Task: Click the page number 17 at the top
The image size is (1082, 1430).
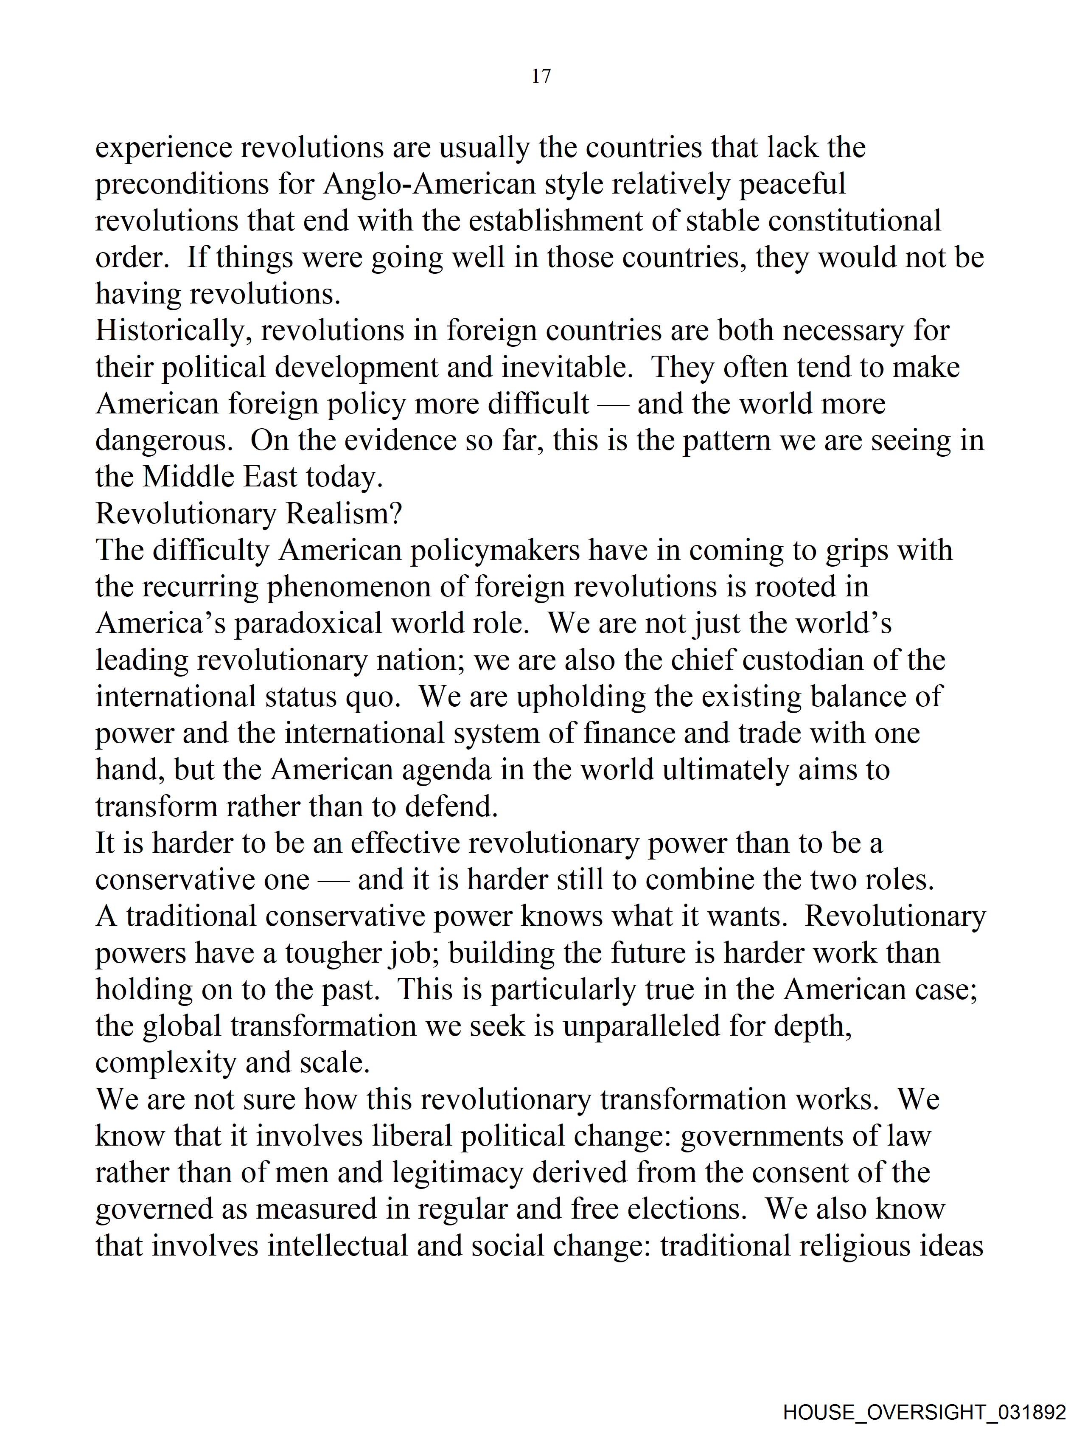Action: [x=541, y=76]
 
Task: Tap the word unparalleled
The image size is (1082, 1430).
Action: [x=641, y=1027]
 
